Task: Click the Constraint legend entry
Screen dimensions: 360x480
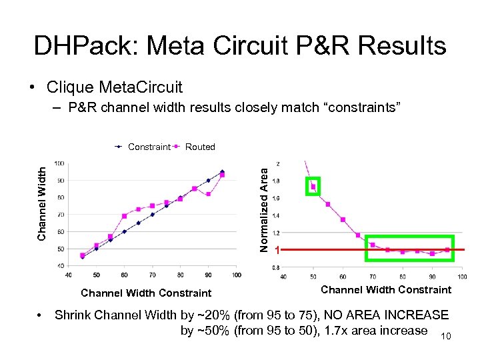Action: (149, 147)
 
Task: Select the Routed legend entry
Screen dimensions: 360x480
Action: (200, 147)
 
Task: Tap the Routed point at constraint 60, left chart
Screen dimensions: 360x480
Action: (125, 216)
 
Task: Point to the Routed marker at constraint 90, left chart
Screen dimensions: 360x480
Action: (209, 194)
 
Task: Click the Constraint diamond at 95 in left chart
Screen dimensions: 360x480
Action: (222, 171)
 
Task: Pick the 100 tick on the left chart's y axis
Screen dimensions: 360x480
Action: (59, 163)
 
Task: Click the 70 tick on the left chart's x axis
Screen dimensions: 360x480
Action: (153, 275)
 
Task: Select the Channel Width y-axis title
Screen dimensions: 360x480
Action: (42, 203)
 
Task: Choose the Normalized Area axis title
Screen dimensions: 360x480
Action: (264, 209)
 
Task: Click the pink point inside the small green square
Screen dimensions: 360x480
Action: (313, 187)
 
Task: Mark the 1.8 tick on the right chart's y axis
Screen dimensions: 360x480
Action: (277, 181)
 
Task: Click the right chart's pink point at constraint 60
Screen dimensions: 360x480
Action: (343, 219)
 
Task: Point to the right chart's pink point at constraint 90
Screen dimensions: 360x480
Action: (432, 253)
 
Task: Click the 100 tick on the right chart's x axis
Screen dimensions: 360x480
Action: (461, 276)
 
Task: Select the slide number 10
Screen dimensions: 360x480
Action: (445, 337)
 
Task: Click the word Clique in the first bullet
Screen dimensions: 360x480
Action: (71, 87)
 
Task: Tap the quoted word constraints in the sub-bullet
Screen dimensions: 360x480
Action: (359, 107)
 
